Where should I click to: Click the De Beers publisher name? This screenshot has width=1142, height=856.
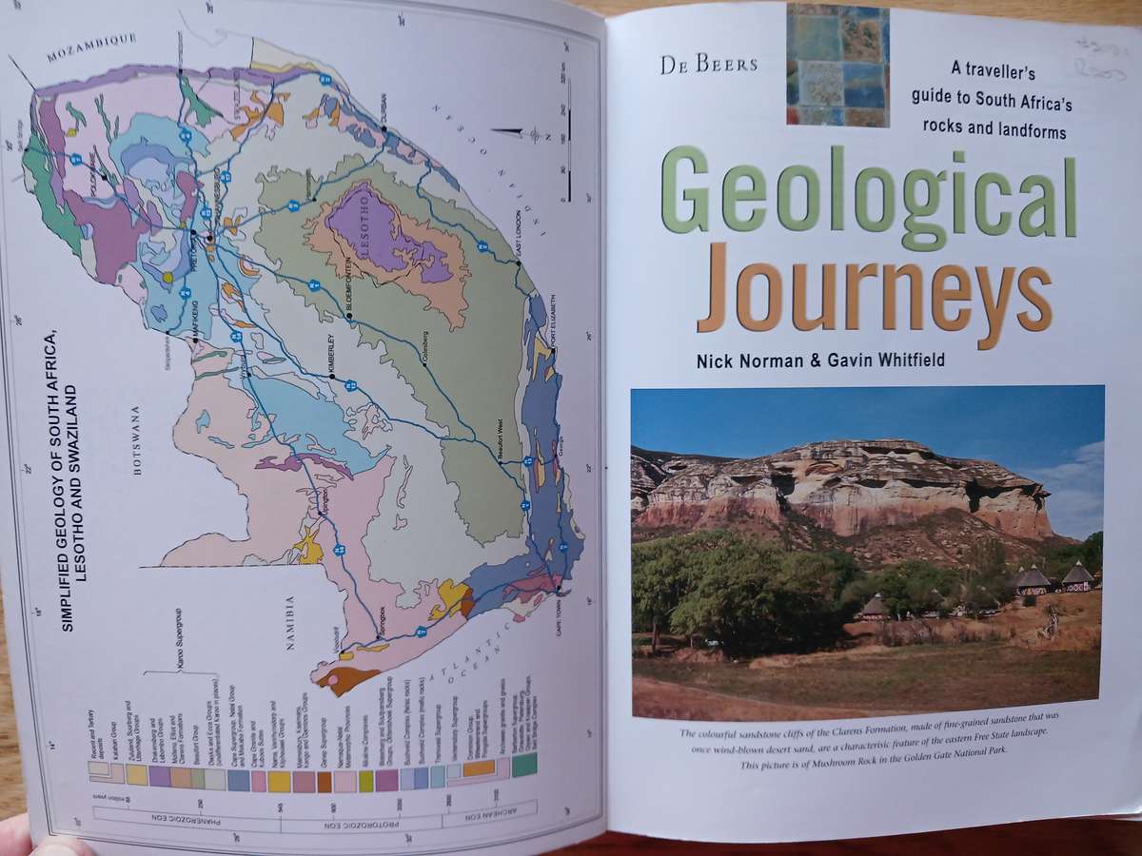(709, 65)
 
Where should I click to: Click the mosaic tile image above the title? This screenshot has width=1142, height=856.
(837, 65)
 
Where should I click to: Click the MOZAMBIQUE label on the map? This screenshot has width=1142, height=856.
(92, 48)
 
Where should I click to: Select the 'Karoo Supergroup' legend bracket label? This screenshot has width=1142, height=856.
(180, 644)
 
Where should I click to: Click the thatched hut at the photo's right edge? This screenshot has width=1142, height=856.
(1078, 576)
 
